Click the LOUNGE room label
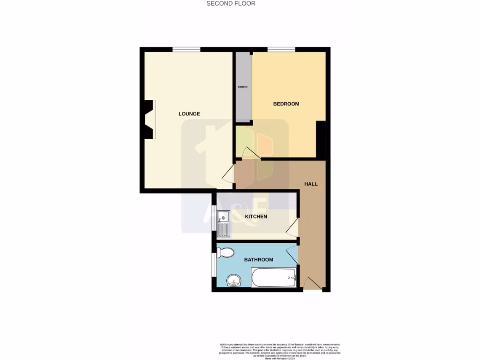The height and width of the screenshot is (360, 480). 189,114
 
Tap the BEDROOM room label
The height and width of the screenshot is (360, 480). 286,104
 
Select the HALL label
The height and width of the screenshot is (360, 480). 311,184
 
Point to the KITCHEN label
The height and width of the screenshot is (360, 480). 256,217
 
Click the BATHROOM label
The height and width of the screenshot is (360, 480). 258,260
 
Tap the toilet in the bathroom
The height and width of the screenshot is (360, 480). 226,253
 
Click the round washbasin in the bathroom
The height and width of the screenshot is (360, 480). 233,281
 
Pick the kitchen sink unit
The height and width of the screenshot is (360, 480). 224,224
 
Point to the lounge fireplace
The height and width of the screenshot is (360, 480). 150,120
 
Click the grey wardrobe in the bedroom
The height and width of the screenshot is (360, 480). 243,87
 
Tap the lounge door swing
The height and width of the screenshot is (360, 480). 228,174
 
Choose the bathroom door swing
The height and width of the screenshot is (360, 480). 292,254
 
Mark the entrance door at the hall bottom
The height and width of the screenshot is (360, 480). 312,283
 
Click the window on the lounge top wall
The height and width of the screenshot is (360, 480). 186,49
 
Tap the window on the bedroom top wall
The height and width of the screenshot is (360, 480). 281,49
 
